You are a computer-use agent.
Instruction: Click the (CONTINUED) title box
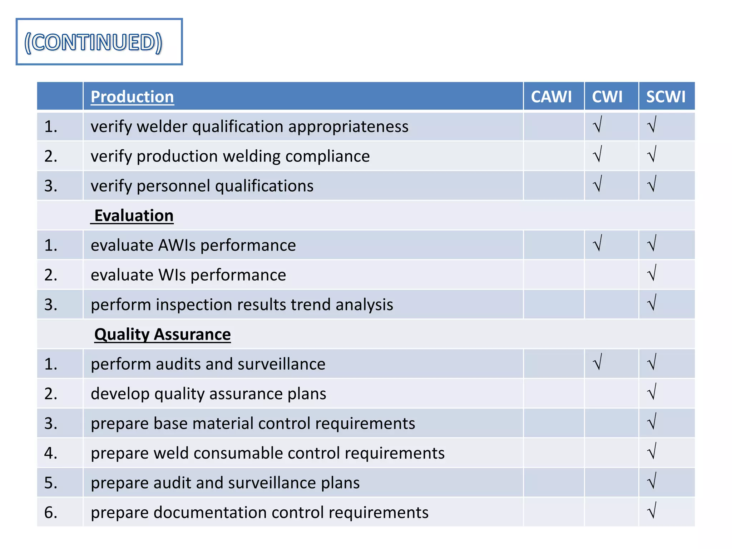click(99, 42)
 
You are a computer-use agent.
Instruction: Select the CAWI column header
click(551, 97)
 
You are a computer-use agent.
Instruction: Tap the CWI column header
click(607, 97)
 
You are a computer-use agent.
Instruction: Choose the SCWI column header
click(666, 97)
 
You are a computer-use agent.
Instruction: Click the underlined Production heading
click(132, 97)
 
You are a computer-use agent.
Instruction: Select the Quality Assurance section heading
click(162, 335)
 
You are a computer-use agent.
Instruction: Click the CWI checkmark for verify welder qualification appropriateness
click(597, 125)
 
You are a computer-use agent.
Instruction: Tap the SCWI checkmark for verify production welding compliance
click(652, 154)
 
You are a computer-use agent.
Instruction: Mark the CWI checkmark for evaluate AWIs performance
click(597, 243)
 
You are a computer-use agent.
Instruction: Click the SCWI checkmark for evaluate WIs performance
click(652, 273)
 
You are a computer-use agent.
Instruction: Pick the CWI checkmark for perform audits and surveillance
click(597, 362)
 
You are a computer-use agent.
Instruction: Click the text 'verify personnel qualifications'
click(202, 186)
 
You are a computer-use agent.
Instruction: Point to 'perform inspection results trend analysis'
click(242, 305)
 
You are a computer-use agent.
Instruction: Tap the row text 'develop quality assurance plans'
click(208, 394)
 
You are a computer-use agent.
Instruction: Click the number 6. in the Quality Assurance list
click(51, 512)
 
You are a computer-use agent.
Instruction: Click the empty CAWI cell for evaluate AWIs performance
click(553, 245)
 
